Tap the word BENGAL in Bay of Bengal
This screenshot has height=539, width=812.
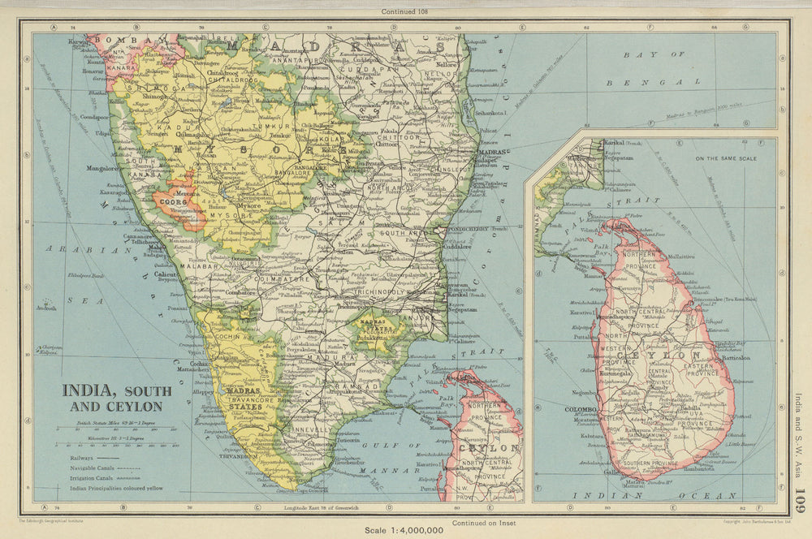(653, 82)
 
